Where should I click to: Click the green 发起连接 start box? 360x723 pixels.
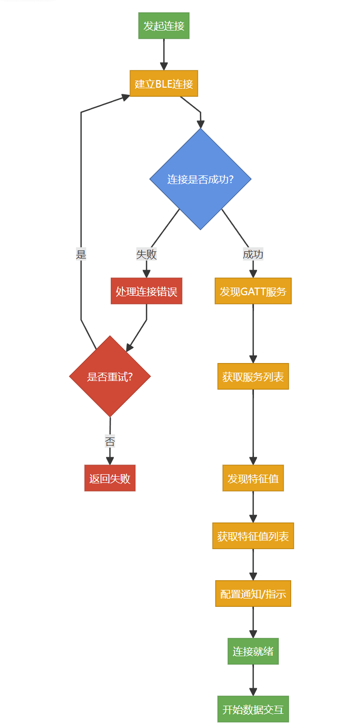coord(164,26)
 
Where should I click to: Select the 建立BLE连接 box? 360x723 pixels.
coord(164,84)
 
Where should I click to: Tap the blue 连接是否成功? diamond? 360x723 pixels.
coord(200,179)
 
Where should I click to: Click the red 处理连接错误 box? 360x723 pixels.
coord(146,291)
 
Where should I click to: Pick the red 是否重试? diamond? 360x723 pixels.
coord(110,376)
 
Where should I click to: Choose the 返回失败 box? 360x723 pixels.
coord(110,478)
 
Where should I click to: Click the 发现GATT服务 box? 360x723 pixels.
coord(253,291)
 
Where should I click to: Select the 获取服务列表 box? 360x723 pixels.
coord(253,376)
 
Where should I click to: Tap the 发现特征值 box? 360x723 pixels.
coord(253,478)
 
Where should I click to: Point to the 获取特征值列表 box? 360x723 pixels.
coord(253,536)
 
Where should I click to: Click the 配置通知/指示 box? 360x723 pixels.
coord(253,593)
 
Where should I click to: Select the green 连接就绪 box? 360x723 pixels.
coord(253,651)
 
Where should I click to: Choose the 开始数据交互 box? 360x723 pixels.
coord(253,709)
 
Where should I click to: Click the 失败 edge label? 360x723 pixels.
coord(146,254)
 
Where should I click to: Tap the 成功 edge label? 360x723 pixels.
coord(253,254)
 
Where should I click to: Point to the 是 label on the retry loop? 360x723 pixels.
coord(81,254)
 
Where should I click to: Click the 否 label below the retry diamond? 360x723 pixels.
coord(110,441)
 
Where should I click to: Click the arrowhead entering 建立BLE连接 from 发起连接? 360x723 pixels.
coord(164,66)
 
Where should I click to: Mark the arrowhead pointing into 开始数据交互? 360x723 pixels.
coord(253,692)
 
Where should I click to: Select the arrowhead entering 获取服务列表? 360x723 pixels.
coord(253,359)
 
